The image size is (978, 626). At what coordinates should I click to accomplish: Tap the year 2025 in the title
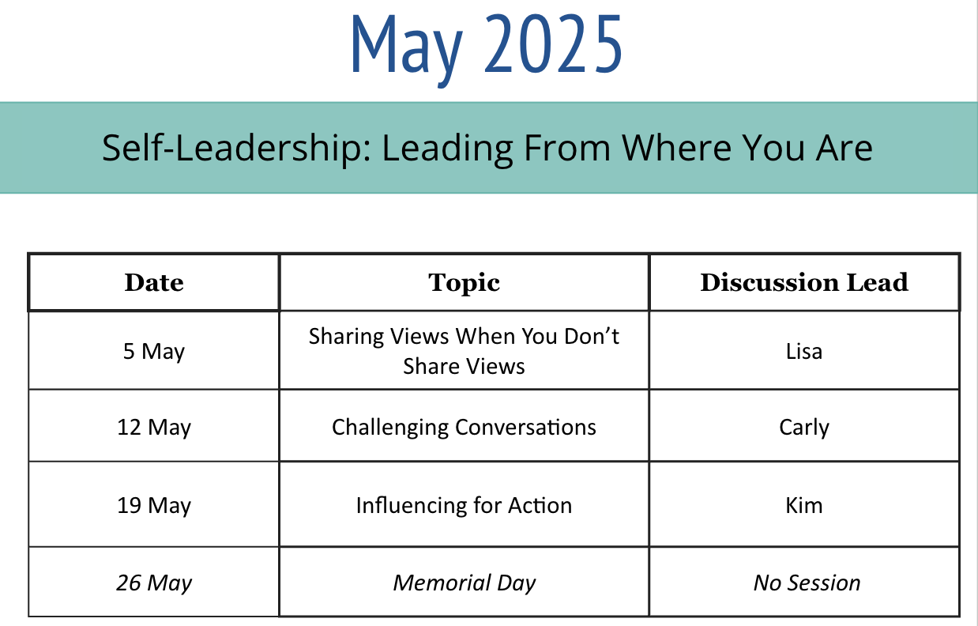tap(552, 43)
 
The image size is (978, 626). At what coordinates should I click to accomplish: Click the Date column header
tap(154, 282)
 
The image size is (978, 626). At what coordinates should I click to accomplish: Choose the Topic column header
tap(464, 284)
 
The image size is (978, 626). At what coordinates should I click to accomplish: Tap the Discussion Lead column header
tap(804, 282)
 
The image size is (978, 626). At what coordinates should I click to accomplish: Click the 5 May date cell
tap(154, 352)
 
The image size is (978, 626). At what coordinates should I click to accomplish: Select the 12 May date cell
tap(154, 428)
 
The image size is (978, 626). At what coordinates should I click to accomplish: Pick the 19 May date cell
tap(154, 506)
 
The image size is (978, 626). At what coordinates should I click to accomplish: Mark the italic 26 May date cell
tap(154, 583)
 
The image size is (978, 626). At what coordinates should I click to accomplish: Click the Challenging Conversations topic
tap(464, 428)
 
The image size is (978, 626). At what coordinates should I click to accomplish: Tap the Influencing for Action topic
tap(464, 505)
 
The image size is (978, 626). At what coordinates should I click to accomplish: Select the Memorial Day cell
tap(464, 583)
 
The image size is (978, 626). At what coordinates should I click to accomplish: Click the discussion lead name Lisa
tap(804, 351)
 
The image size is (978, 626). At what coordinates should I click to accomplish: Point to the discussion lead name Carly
tap(804, 428)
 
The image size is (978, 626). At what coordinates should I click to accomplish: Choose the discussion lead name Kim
tap(804, 505)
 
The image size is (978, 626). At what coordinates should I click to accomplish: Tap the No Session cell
tap(807, 583)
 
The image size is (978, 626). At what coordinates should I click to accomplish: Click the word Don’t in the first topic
tap(592, 337)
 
